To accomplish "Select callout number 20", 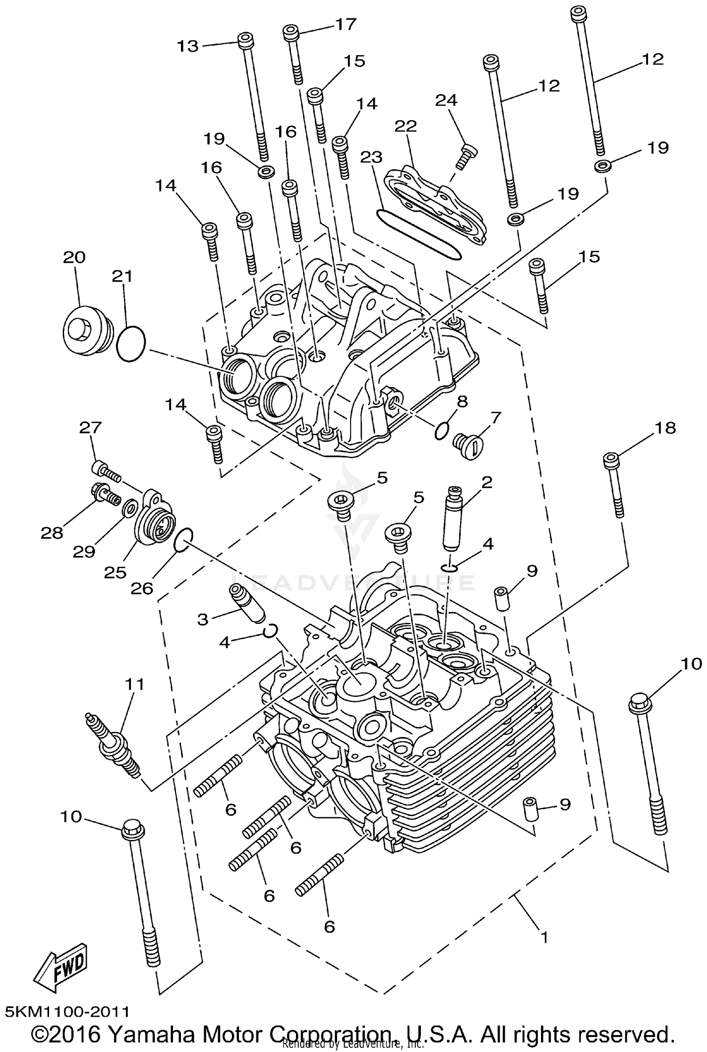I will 74,257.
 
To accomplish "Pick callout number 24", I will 446,100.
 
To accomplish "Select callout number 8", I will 462,402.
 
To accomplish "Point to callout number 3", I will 203,619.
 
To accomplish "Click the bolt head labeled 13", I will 245,41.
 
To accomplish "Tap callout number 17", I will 345,24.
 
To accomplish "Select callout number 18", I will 665,428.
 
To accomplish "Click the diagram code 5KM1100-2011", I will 67,1012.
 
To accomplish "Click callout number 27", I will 90,428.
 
